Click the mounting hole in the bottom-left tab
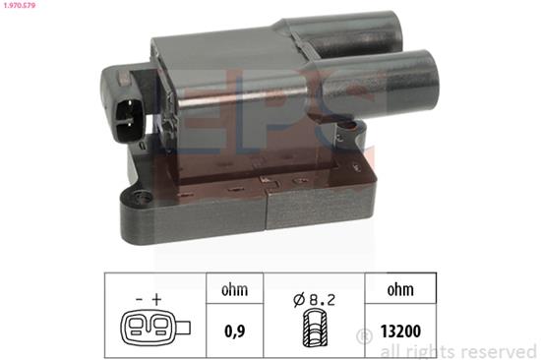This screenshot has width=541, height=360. pyautogui.click(x=130, y=204)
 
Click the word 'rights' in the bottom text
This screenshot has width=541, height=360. pyautogui.click(x=432, y=350)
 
